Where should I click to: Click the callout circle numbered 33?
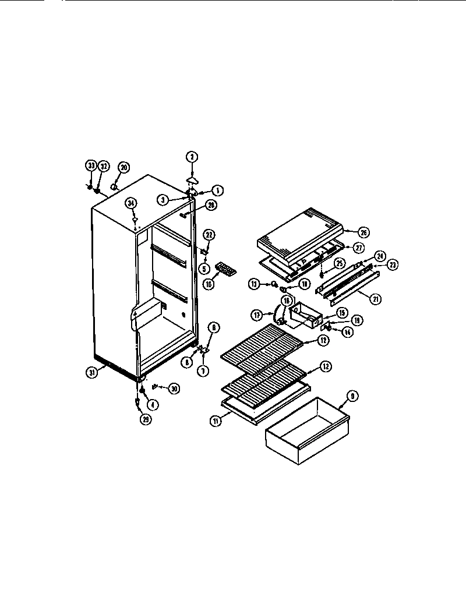pyautogui.click(x=91, y=166)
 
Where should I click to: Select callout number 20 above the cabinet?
pyautogui.click(x=123, y=167)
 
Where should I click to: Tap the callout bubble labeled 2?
pyautogui.click(x=191, y=156)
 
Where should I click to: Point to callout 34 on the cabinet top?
pyautogui.click(x=132, y=203)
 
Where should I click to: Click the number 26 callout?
pyautogui.click(x=363, y=232)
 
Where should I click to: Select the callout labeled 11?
pyautogui.click(x=216, y=421)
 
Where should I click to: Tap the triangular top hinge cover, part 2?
pyautogui.click(x=192, y=178)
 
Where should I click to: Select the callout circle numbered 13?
pyautogui.click(x=254, y=284)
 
